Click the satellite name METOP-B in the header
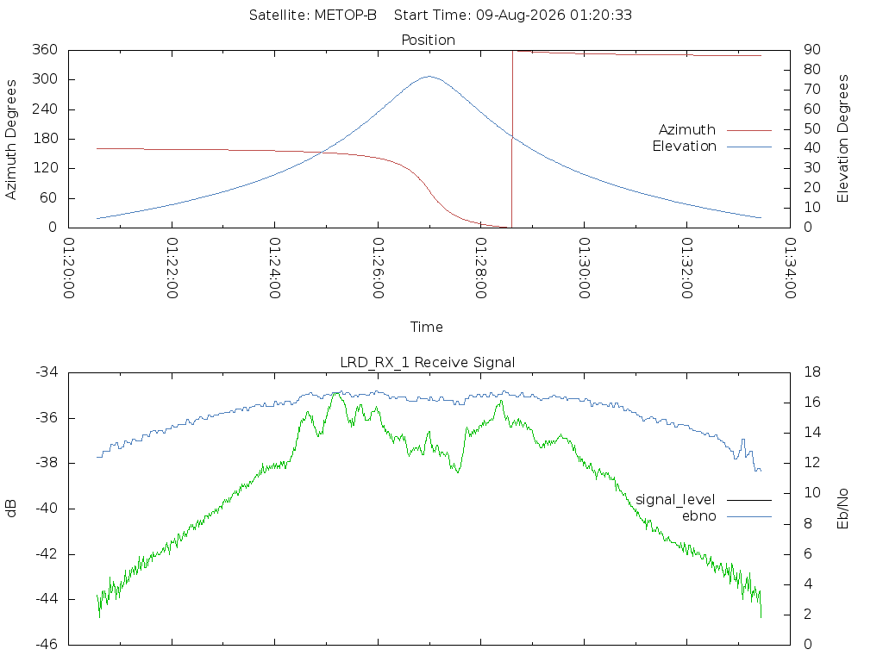[345, 16]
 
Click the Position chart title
[428, 41]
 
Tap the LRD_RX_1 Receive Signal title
[428, 363]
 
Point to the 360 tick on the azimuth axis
[45, 49]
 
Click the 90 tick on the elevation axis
[811, 49]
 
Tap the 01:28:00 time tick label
[481, 268]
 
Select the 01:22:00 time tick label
[172, 268]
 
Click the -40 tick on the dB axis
[47, 509]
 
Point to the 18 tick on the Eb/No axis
[812, 372]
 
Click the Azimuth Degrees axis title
[10, 140]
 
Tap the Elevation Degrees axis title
[842, 139]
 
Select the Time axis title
[426, 327]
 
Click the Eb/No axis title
[842, 509]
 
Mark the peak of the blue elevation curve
[429, 76]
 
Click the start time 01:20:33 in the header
[601, 16]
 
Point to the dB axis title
[10, 509]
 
